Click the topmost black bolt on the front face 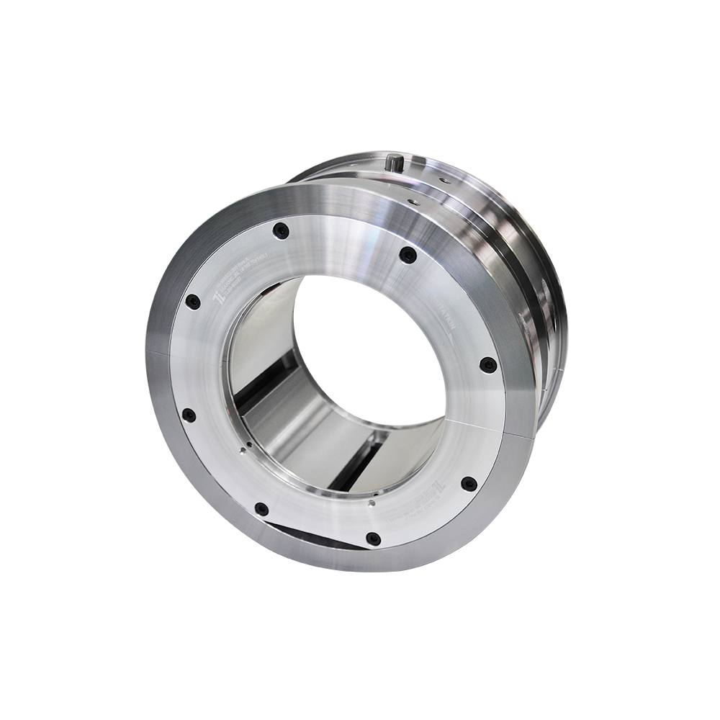pos(281,231)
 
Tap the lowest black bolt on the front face pos(372,539)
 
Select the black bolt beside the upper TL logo pos(193,302)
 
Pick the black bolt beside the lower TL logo pos(469,484)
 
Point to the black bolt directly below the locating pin pos(408,255)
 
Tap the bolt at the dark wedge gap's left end pos(262,509)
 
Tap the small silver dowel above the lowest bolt pos(369,505)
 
